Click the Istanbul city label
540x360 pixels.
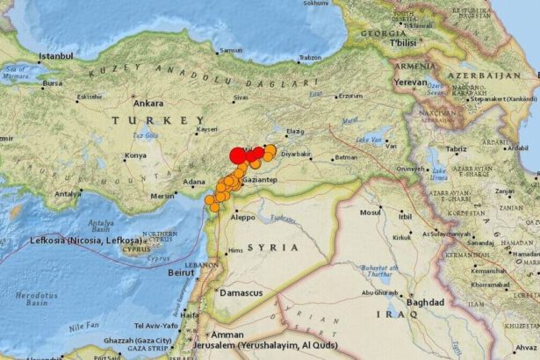click(55, 56)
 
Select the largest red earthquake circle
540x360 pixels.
click(237, 156)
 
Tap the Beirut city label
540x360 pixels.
click(181, 273)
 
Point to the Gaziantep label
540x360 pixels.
click(260, 179)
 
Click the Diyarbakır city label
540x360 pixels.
click(297, 154)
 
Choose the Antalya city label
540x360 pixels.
click(68, 194)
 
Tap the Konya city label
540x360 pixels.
click(135, 155)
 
